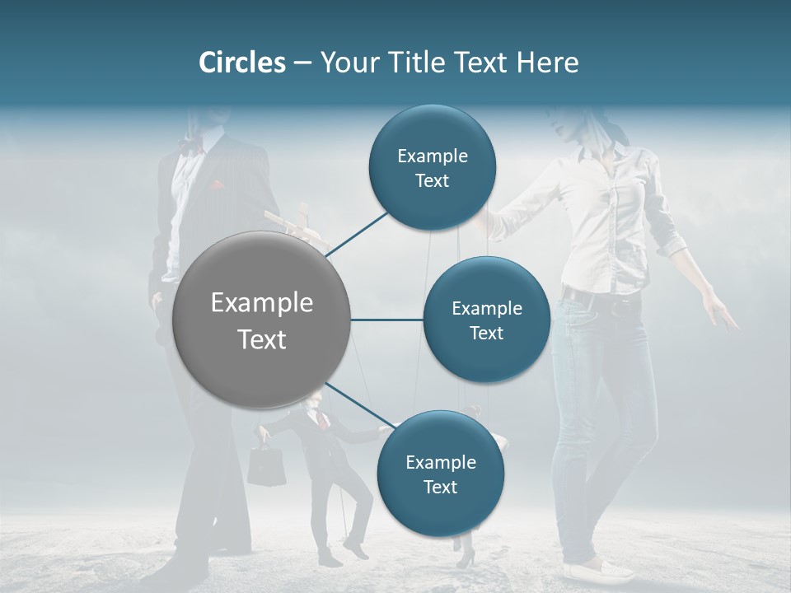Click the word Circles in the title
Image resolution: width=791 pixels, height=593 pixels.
pyautogui.click(x=241, y=63)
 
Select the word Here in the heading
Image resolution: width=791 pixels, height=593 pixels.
pyautogui.click(x=547, y=63)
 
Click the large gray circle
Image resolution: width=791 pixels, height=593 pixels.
pyautogui.click(x=261, y=320)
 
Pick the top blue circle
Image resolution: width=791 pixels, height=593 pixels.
pyautogui.click(x=433, y=168)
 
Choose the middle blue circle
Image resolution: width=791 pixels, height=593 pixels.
pyautogui.click(x=487, y=320)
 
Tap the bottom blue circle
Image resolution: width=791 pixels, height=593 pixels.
pyautogui.click(x=441, y=474)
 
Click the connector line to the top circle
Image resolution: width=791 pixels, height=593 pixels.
pyautogui.click(x=358, y=234)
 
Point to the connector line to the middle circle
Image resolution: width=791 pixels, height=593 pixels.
pyautogui.click(x=386, y=320)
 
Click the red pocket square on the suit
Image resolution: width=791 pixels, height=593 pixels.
pyautogui.click(x=218, y=185)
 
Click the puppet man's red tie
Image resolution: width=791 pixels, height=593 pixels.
pyautogui.click(x=325, y=420)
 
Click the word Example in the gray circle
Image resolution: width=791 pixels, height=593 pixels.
pyautogui.click(x=261, y=303)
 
